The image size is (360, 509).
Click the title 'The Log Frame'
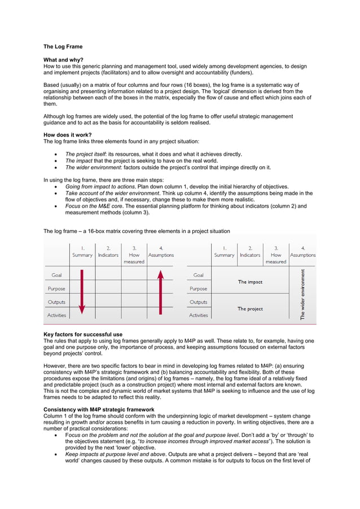point(63,47)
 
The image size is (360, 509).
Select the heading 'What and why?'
point(63,59)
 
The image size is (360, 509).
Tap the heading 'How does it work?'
point(67,135)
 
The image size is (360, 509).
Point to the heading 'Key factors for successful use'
point(82,335)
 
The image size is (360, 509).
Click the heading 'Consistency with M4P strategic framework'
point(99,409)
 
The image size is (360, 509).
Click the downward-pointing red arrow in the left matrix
point(82,291)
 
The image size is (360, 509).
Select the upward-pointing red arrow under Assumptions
point(161,291)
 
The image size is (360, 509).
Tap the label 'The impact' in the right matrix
point(250,282)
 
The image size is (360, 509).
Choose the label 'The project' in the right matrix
point(250,309)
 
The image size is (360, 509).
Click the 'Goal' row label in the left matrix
point(56,275)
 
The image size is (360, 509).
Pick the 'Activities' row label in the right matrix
point(198,315)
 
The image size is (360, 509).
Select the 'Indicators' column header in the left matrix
point(108,255)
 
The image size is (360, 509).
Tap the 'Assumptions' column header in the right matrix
point(303,255)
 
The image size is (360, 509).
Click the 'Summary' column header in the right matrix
point(224,255)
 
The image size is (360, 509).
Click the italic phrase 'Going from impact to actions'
point(100,186)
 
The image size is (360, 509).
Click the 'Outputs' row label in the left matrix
point(56,302)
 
